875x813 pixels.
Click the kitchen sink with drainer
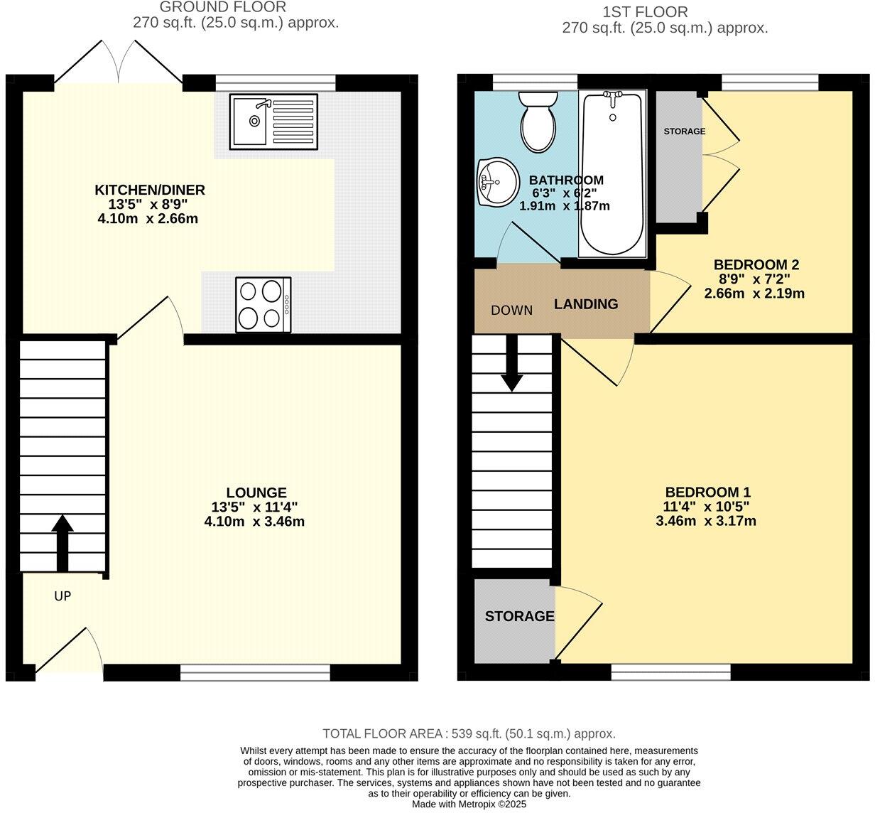tap(273, 122)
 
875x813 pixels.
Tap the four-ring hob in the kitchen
tap(263, 304)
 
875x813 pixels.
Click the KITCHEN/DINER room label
tap(150, 190)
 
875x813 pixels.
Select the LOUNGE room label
tap(256, 492)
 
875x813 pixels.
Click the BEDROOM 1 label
tap(707, 492)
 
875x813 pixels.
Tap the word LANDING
tap(586, 304)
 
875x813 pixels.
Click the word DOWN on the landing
tap(511, 310)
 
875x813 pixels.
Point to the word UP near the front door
tap(62, 596)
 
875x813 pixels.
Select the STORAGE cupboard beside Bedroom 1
tap(519, 616)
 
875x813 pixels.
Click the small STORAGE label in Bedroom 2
tap(685, 131)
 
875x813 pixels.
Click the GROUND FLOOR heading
tap(222, 8)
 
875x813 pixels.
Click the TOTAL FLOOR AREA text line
tap(469, 733)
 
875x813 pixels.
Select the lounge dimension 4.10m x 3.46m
tap(254, 521)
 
